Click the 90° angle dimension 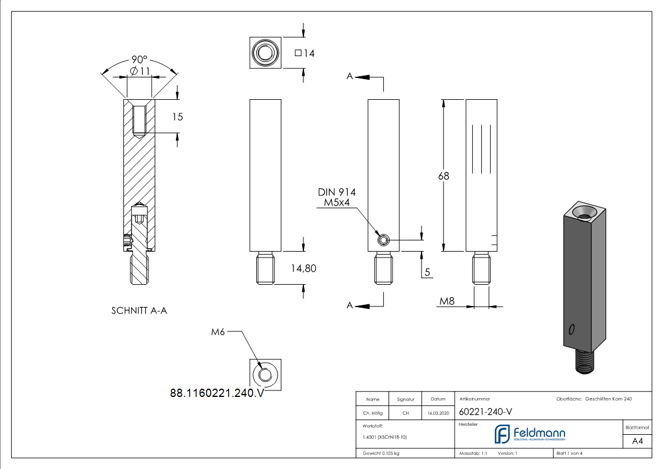(139, 60)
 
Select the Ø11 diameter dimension (139, 71)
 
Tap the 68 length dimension (443, 176)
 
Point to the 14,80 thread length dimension (303, 268)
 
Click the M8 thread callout (447, 302)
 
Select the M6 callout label (218, 333)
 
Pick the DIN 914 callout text (337, 192)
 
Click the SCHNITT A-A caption (139, 310)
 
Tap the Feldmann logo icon (502, 434)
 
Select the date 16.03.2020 (438, 413)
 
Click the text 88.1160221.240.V (217, 393)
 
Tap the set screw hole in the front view (383, 240)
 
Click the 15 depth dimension (177, 117)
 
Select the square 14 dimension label (304, 53)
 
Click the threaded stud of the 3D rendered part (585, 359)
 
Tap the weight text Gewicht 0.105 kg (381, 454)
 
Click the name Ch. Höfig (372, 413)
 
